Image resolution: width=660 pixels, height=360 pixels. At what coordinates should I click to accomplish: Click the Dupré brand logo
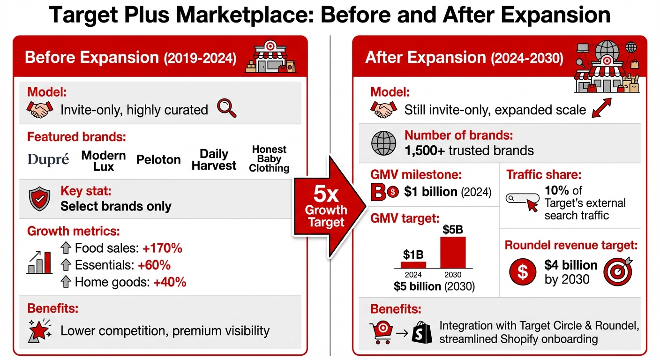(x=48, y=159)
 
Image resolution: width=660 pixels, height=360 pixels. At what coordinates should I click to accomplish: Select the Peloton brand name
(x=158, y=159)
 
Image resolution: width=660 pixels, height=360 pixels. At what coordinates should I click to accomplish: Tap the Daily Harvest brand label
(x=214, y=159)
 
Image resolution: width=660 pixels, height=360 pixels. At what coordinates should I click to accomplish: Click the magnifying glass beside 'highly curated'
(x=227, y=109)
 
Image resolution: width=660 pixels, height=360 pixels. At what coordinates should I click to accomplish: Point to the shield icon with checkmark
(x=40, y=199)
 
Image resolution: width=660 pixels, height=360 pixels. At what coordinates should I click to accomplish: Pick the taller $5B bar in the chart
(x=453, y=252)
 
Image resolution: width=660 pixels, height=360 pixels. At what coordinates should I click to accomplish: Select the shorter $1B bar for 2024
(x=413, y=264)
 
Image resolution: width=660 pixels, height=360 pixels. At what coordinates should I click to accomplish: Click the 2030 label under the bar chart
(x=453, y=275)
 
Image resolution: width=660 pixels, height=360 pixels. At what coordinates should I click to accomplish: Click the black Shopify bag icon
(x=422, y=332)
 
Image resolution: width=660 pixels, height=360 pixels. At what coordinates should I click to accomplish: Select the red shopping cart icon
(x=381, y=331)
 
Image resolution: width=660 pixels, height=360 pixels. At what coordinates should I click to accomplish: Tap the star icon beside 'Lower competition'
(x=39, y=330)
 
